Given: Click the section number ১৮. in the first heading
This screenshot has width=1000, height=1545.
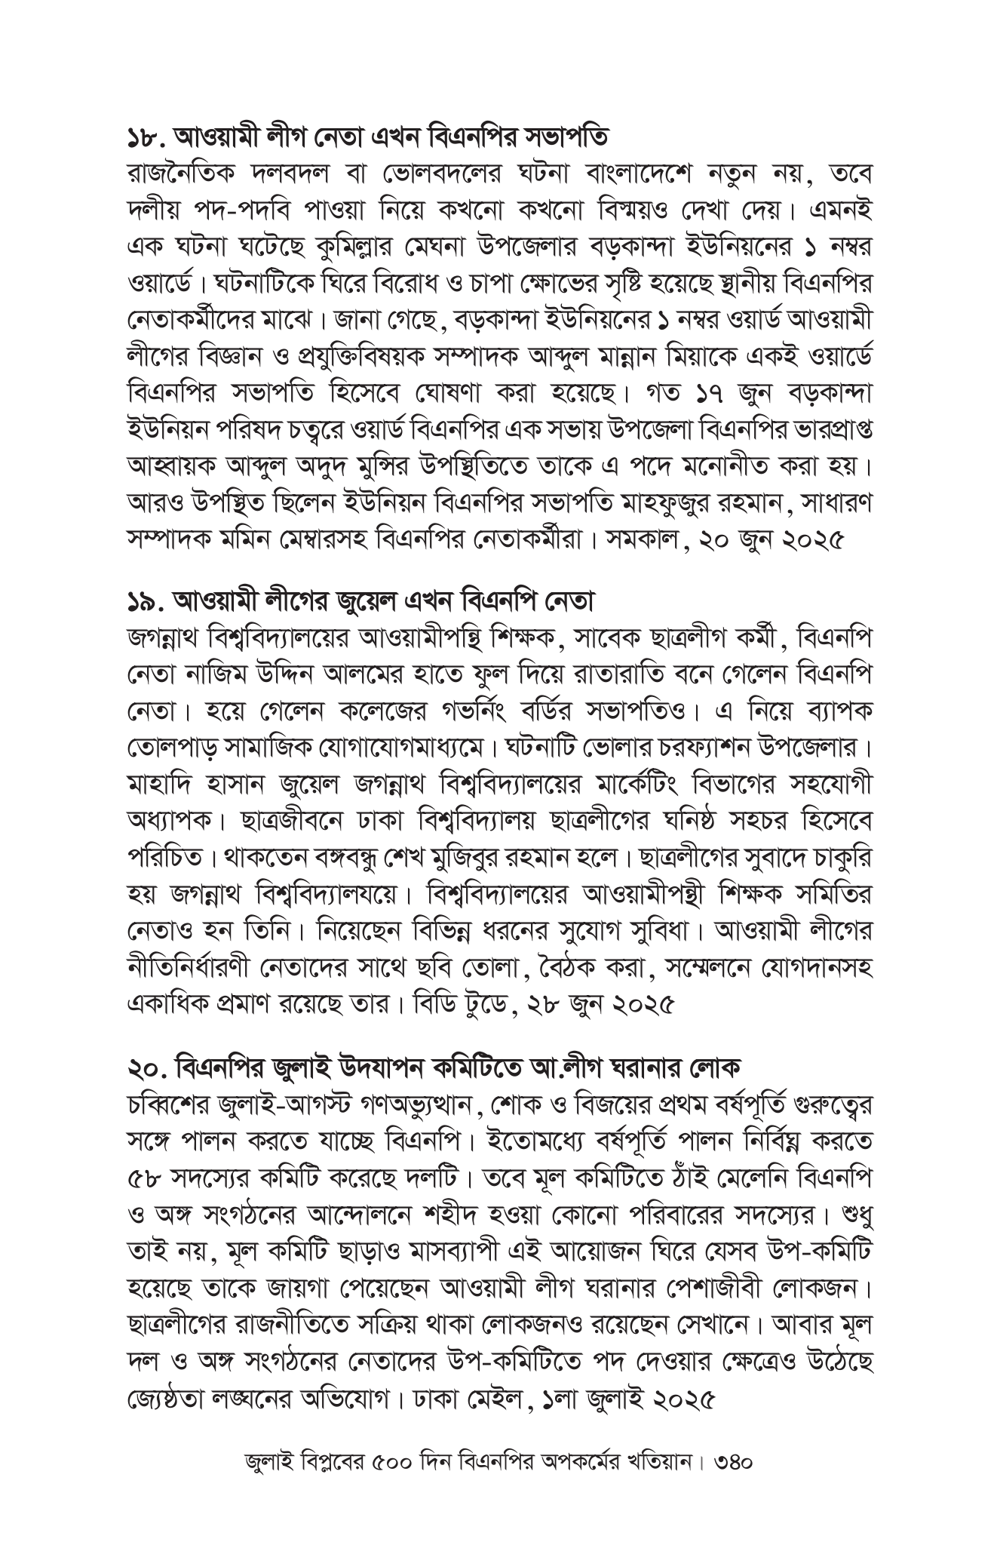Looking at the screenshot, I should click(146, 138).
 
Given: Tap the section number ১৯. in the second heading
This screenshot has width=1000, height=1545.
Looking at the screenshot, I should click(146, 603).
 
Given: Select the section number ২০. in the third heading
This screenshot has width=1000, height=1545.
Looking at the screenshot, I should click(146, 1067).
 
